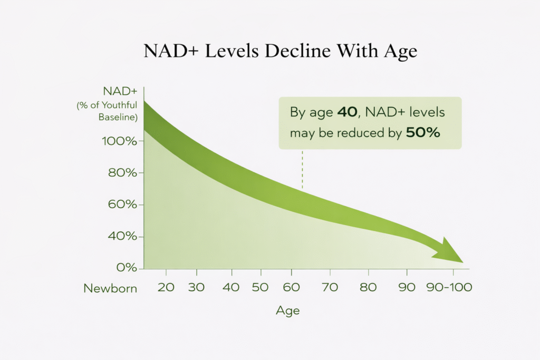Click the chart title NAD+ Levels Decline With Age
point(281,51)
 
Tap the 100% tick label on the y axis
point(119,141)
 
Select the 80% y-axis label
point(122,172)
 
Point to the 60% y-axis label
point(122,205)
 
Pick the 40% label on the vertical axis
point(122,236)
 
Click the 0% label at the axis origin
point(127,267)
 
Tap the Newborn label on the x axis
point(110,288)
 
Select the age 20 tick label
point(166,287)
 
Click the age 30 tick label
point(196,287)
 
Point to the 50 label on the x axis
point(260,287)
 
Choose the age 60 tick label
point(291,287)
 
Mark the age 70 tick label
point(330,287)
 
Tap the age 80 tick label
point(368,287)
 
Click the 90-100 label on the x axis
point(449,287)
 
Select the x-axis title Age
point(288,311)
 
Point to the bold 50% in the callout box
point(423,133)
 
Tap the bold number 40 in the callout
point(347,112)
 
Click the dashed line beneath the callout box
point(302,169)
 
